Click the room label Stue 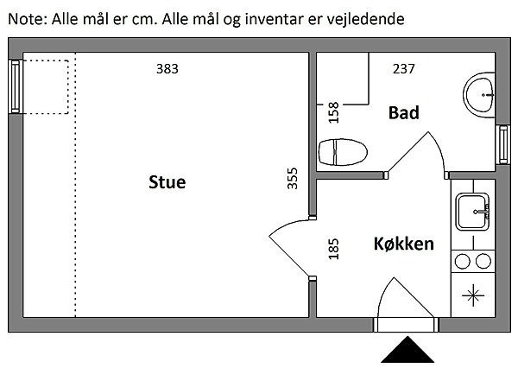pos(167,182)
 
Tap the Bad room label pos(404,113)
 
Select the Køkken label pos(404,244)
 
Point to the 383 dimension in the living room pos(167,69)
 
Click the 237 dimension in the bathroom pos(403,69)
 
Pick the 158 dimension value pos(333,112)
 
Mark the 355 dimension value pos(293,179)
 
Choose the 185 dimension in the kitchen pos(333,249)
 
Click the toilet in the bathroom pos(343,152)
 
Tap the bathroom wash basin pos(479,95)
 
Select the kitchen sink pos(472,212)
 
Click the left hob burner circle pos(462,261)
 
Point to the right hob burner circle pos(483,261)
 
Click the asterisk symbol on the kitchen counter pos(473,295)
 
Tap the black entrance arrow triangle pos(407,350)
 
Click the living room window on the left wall pos(16,86)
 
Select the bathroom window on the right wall pos(503,144)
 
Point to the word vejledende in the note pos(366,19)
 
